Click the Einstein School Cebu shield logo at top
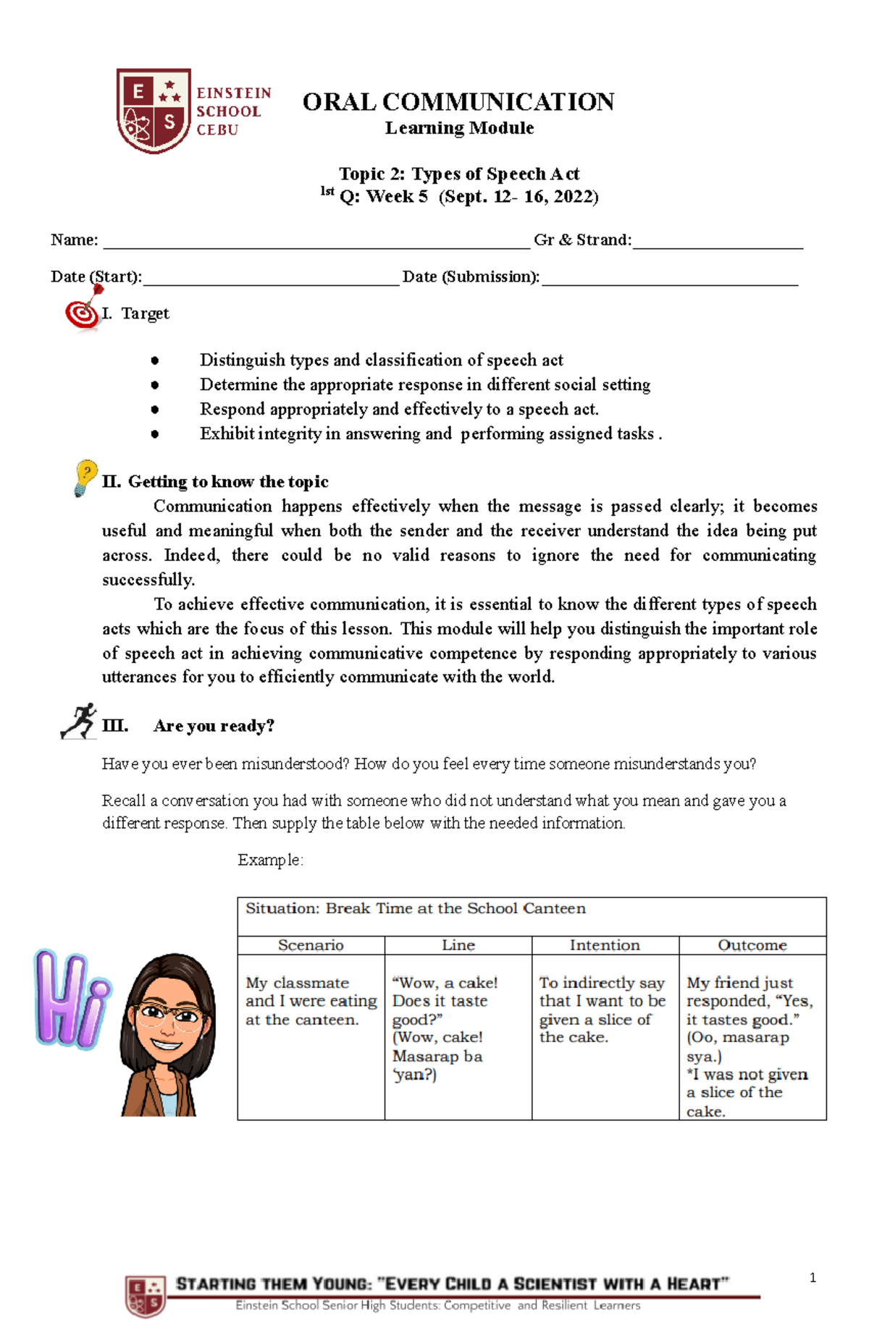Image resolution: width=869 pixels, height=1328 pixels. pos(154,110)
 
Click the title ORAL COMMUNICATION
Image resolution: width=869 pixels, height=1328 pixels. pos(458,102)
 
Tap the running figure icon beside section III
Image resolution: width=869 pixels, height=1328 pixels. pos(79,721)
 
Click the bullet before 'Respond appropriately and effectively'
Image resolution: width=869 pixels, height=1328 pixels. pos(154,410)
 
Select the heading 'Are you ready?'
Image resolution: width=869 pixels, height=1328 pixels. pos(214,726)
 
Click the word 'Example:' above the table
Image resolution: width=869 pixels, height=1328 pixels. pos(270,860)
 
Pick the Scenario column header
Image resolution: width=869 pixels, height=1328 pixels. pos(311,945)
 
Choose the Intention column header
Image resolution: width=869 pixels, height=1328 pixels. pos(605,945)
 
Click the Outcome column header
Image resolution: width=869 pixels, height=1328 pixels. pos(752,945)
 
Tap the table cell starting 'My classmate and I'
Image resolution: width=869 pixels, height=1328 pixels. pos(311,1002)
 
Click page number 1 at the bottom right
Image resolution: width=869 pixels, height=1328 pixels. pos(813,1278)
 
